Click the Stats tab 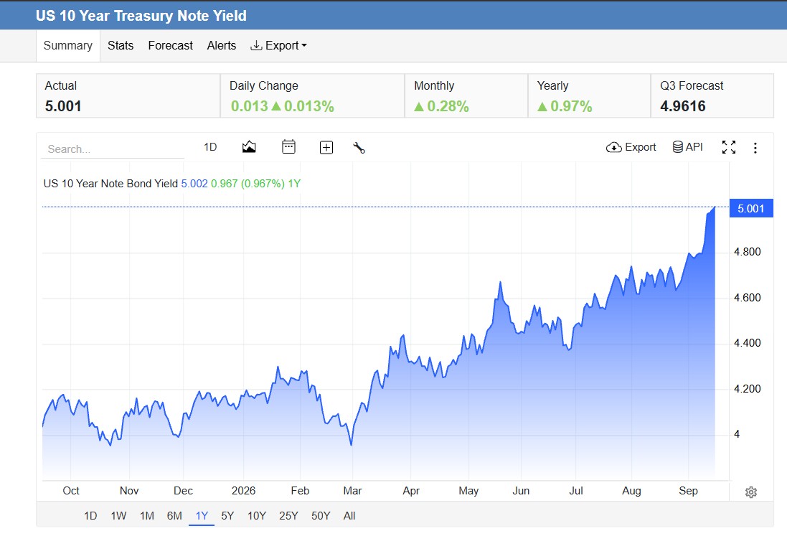(x=121, y=46)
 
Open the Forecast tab (x=170, y=46)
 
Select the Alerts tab (x=222, y=46)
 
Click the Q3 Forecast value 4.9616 (x=682, y=106)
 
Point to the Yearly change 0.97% (x=565, y=106)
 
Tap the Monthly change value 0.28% (x=441, y=106)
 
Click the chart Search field (x=113, y=149)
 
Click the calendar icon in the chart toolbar (x=288, y=147)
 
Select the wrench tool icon (x=359, y=148)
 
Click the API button (x=687, y=147)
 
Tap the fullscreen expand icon (x=729, y=147)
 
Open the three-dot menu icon (x=755, y=148)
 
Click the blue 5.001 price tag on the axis (x=751, y=208)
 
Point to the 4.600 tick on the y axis (x=748, y=298)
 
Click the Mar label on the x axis (x=352, y=491)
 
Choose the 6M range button (x=174, y=516)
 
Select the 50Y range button (x=321, y=516)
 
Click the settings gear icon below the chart (x=751, y=492)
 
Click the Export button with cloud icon (x=631, y=147)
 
